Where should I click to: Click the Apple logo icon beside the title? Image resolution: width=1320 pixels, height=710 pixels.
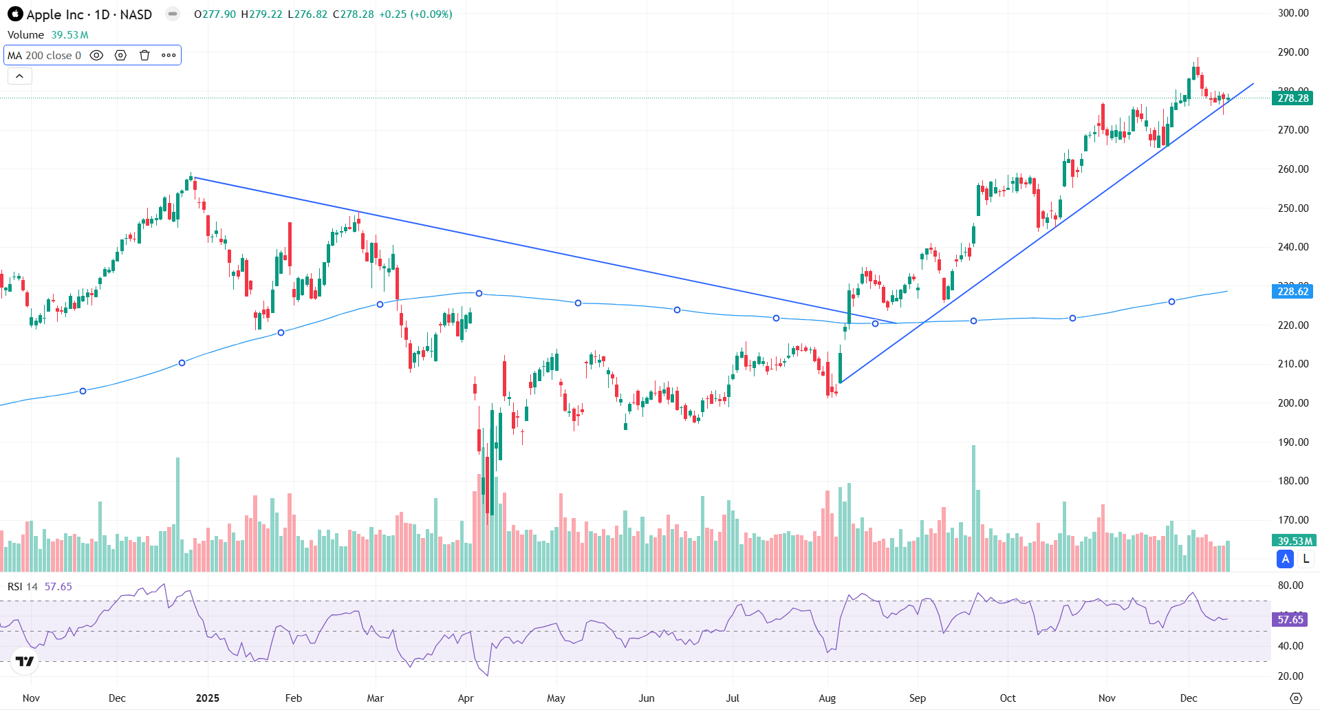pyautogui.click(x=15, y=14)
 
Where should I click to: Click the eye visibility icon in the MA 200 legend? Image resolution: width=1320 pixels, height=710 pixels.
pyautogui.click(x=97, y=55)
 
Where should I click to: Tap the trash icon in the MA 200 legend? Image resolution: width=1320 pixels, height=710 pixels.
pyautogui.click(x=144, y=55)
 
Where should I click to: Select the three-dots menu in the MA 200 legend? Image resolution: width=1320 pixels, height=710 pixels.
pyautogui.click(x=169, y=55)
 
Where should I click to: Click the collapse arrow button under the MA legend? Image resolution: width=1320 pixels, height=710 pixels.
pyautogui.click(x=19, y=76)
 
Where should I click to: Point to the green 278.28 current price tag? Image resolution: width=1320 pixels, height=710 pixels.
pyautogui.click(x=1292, y=98)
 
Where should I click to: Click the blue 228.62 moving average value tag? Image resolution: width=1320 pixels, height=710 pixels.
pyautogui.click(x=1292, y=292)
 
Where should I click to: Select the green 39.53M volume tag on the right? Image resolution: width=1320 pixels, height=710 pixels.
pyautogui.click(x=1292, y=541)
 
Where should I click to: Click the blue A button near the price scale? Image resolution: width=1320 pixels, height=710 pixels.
pyautogui.click(x=1285, y=559)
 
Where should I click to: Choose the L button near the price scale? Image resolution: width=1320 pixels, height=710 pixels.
pyautogui.click(x=1306, y=559)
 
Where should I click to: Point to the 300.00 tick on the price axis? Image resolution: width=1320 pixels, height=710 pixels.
pyautogui.click(x=1292, y=13)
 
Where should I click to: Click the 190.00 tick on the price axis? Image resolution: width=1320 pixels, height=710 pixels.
pyautogui.click(x=1292, y=442)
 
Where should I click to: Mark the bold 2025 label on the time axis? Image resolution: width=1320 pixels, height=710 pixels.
pyautogui.click(x=207, y=698)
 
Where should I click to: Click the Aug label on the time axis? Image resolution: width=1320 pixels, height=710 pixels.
pyautogui.click(x=827, y=698)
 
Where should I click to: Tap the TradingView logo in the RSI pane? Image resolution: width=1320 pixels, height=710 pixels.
pyautogui.click(x=25, y=661)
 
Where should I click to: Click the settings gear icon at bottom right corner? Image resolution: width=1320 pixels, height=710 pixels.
pyautogui.click(x=1296, y=698)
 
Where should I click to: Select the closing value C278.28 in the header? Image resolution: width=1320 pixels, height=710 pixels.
pyautogui.click(x=354, y=14)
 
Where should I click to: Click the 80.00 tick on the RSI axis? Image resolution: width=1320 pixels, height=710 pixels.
pyautogui.click(x=1290, y=585)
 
